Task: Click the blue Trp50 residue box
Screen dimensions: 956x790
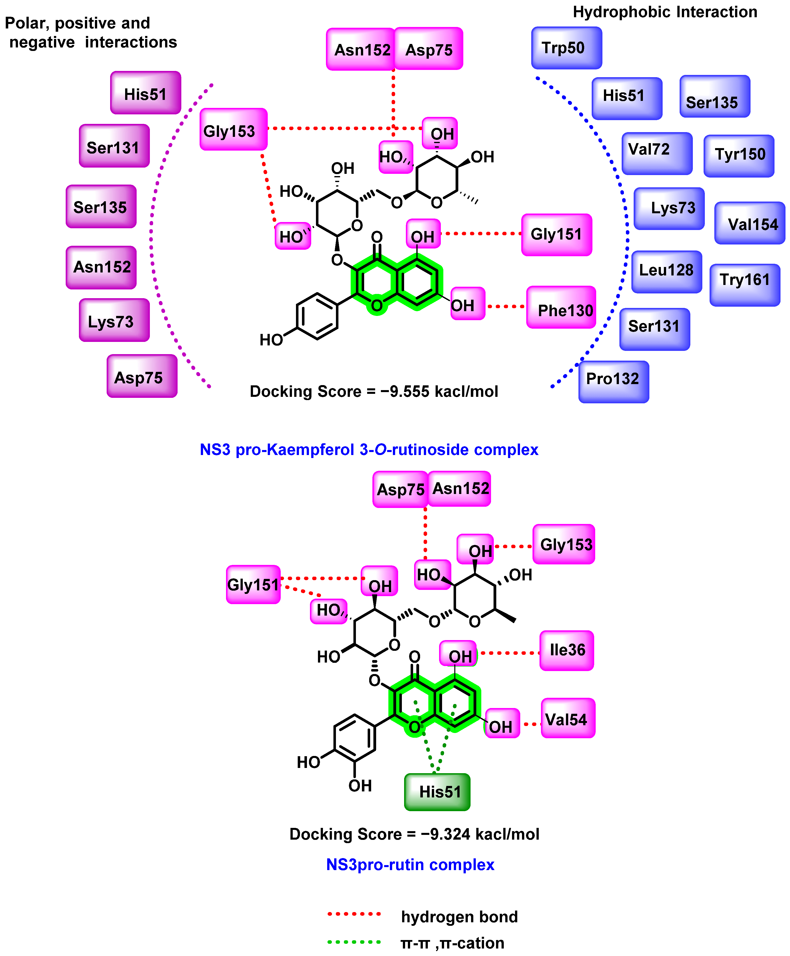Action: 566,48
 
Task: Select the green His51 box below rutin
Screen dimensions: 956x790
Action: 437,792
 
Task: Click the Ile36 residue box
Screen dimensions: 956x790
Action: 566,650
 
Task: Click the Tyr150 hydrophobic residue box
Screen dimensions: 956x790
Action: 739,156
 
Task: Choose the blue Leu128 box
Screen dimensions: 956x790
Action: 666,272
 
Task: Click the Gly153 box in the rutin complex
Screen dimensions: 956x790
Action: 563,544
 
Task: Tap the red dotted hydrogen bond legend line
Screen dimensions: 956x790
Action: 354,914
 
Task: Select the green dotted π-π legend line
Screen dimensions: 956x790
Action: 354,942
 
